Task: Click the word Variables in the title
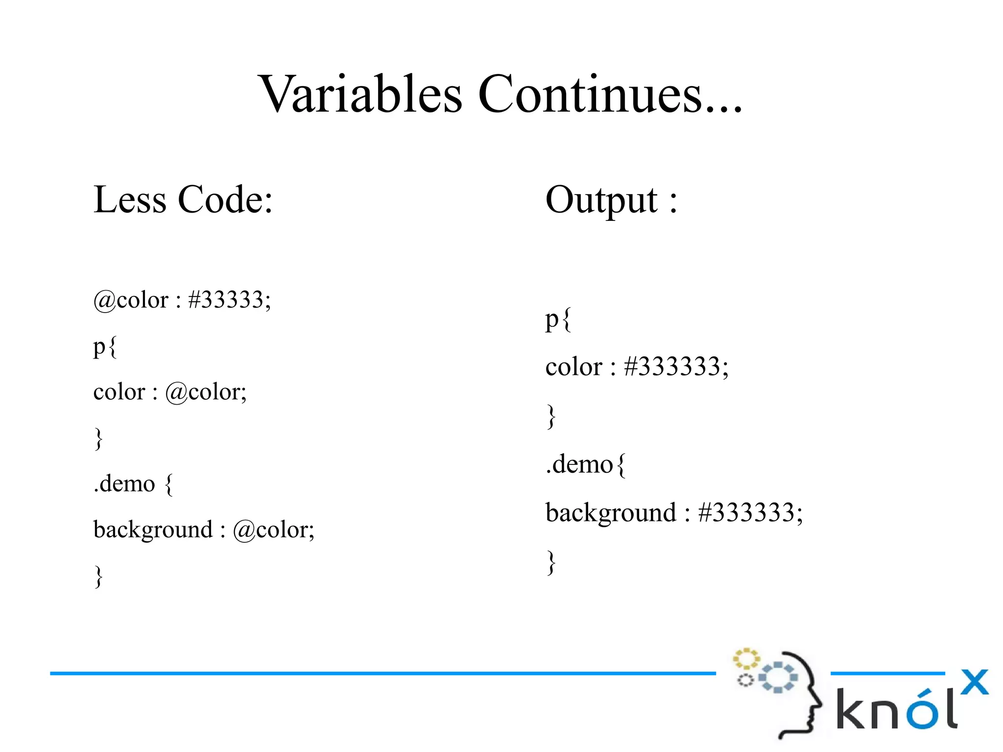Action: (x=360, y=94)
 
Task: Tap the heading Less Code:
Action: (x=183, y=200)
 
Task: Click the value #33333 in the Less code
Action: (x=229, y=300)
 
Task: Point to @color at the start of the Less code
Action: (x=131, y=300)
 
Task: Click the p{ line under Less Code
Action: (x=105, y=347)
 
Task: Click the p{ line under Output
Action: (x=558, y=320)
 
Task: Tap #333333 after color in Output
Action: (x=676, y=367)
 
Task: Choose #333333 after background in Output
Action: (x=750, y=513)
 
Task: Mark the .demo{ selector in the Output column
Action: (x=586, y=464)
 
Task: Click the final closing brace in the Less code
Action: (x=98, y=576)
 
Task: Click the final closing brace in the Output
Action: (x=551, y=562)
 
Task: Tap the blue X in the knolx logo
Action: (x=974, y=682)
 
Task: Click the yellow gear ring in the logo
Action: (x=746, y=659)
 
